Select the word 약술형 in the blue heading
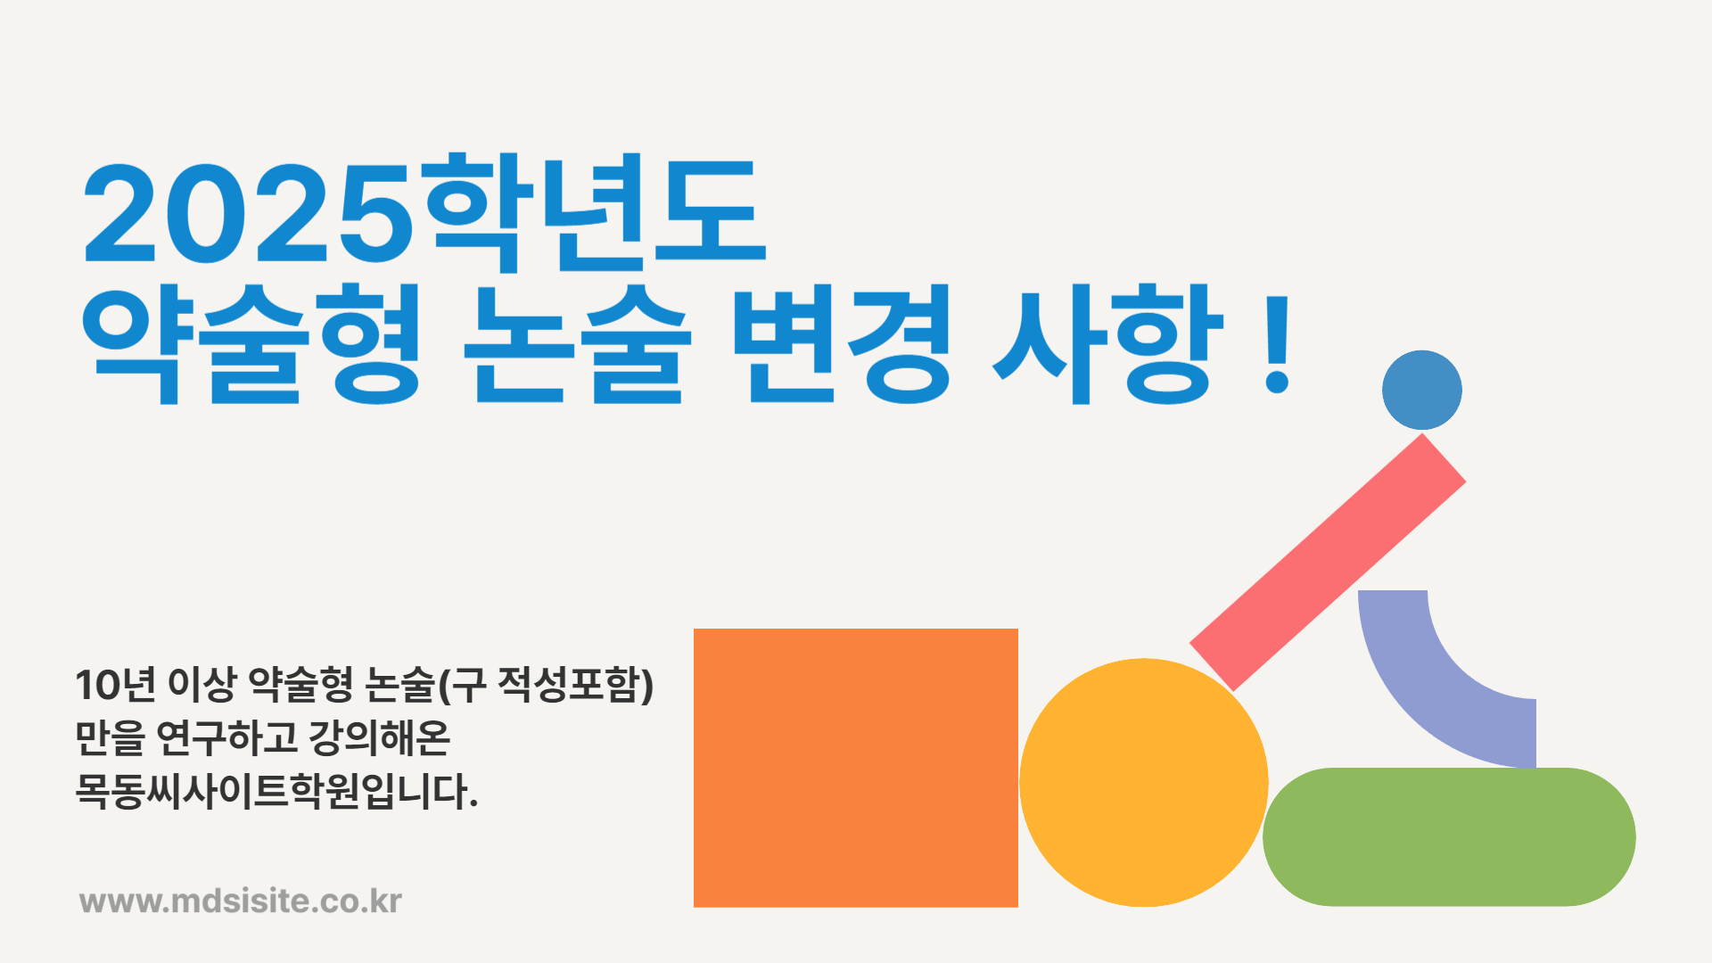click(251, 344)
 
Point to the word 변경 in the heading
click(843, 344)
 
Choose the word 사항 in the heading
click(1107, 344)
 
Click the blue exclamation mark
click(1278, 344)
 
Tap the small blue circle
click(1422, 390)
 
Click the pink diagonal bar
click(1328, 563)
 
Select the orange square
click(856, 768)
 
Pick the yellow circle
click(1144, 783)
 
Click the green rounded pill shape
click(1449, 837)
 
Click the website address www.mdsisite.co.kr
click(241, 901)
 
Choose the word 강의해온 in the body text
click(379, 737)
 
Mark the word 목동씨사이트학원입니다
click(277, 791)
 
